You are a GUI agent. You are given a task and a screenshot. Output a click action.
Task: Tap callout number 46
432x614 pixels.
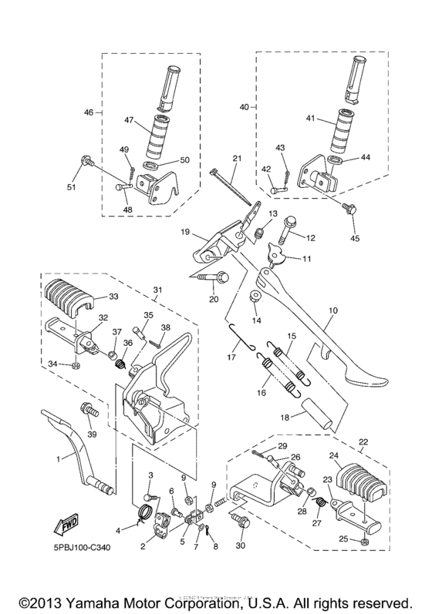click(89, 112)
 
